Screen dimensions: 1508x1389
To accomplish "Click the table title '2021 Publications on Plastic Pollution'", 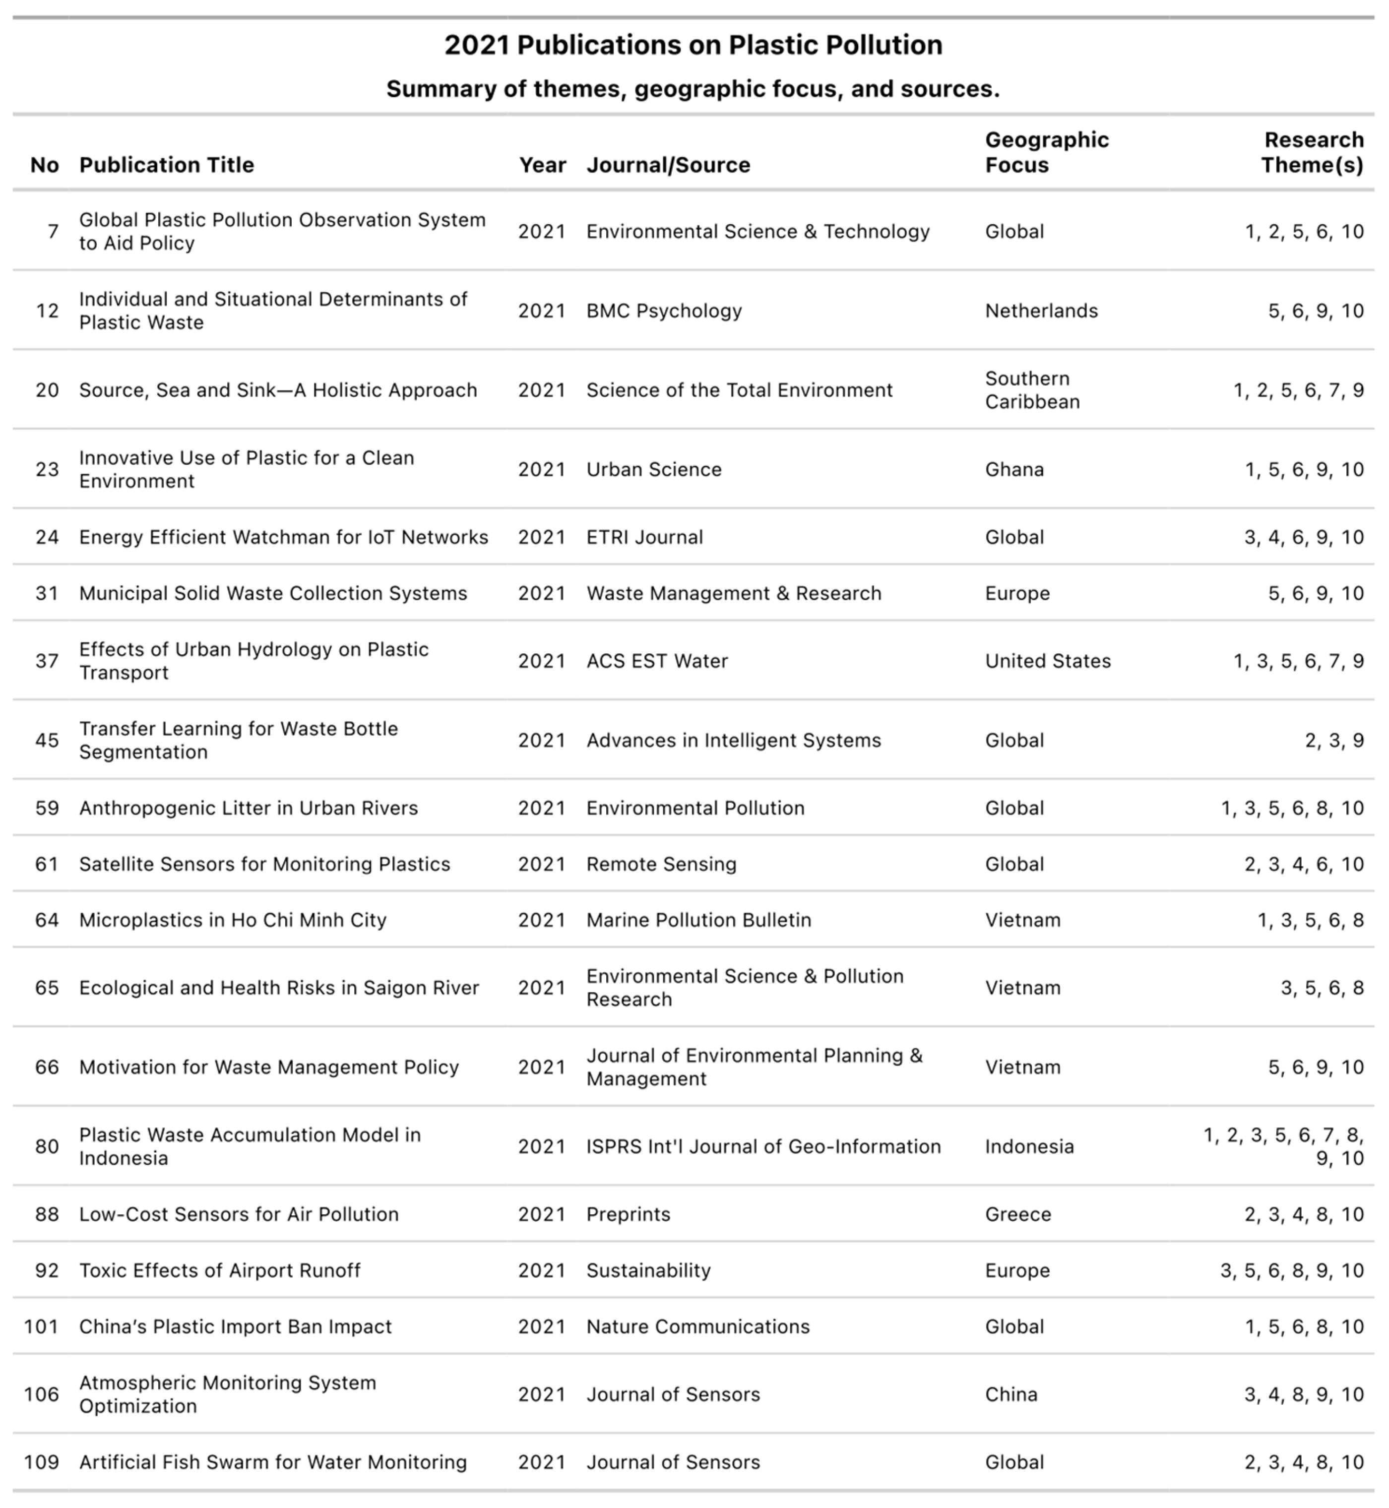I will (693, 45).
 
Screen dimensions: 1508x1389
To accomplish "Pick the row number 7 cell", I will (53, 232).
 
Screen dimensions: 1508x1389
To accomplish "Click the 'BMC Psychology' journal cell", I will (664, 311).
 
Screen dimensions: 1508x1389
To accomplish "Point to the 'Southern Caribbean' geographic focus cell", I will (1032, 390).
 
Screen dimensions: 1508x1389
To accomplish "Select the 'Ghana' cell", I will (1014, 469).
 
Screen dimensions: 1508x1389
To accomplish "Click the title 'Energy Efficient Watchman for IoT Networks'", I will (283, 537).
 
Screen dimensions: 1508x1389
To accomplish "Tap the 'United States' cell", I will (1048, 661).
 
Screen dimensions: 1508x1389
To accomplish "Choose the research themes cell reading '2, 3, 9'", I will (1334, 741).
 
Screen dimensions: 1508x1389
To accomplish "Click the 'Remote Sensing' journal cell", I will (661, 864).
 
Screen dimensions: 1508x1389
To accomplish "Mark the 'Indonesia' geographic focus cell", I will (1029, 1146).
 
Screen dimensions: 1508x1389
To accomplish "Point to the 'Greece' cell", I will (1018, 1214).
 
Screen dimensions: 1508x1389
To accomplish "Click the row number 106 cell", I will (41, 1394).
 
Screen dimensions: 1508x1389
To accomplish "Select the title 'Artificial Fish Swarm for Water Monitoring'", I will (273, 1462).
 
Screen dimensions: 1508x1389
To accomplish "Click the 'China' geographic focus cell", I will (1011, 1394).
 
